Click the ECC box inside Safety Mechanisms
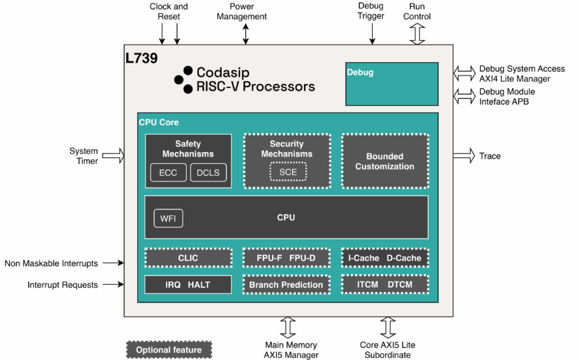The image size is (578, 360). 169,173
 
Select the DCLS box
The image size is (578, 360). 209,173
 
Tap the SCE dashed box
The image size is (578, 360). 288,172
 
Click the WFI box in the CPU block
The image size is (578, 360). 168,218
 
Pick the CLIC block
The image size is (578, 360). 188,258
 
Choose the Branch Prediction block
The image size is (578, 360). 286,285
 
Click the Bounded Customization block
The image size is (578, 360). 384,161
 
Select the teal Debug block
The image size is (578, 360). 391,84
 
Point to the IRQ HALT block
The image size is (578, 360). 188,285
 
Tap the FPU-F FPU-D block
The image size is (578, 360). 286,258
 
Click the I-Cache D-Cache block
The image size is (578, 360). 385,258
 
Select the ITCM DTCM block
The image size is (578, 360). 385,285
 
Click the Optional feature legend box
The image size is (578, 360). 169,349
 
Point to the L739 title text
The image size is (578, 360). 141,59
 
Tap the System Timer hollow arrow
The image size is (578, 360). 113,156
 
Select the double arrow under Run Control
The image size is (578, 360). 417,34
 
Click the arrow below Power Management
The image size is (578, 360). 246,33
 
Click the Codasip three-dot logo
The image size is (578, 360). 183,79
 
